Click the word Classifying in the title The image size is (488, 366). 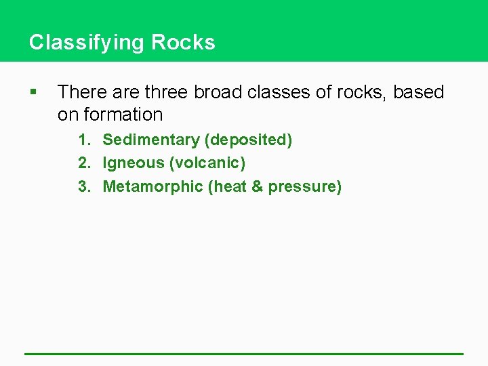point(87,43)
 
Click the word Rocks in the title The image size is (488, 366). point(183,43)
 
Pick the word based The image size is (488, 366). point(418,92)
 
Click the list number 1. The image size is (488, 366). point(84,140)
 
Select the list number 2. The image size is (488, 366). point(84,163)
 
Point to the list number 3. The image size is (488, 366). point(84,186)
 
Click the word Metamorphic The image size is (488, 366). point(152,186)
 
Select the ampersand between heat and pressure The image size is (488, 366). point(257,186)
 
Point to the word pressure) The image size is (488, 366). point(305,187)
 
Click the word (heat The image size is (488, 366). point(228,186)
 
